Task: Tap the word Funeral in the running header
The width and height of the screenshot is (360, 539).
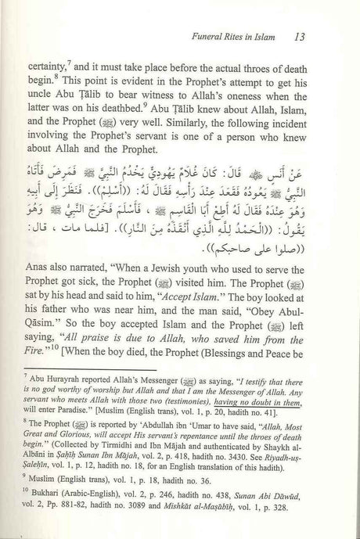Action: pyautogui.click(x=200, y=35)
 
